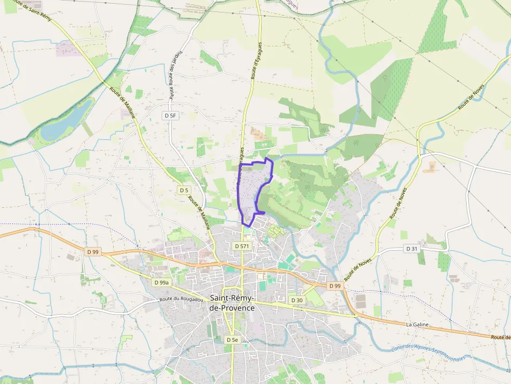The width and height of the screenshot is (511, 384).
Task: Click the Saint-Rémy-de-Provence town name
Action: pyautogui.click(x=232, y=303)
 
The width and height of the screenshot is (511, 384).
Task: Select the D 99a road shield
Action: pyautogui.click(x=162, y=282)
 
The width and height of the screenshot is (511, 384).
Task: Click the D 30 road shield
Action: pyautogui.click(x=297, y=300)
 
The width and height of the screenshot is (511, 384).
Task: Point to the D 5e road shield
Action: pyautogui.click(x=232, y=340)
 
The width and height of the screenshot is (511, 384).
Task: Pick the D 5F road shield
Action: pyautogui.click(x=170, y=116)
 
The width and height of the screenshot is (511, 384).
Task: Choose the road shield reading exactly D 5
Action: pyautogui.click(x=184, y=190)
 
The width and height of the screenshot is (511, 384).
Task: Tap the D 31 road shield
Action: pyautogui.click(x=412, y=249)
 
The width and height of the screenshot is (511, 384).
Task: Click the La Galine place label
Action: pyautogui.click(x=417, y=325)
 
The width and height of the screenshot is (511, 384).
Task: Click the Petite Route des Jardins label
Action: pyautogui.click(x=175, y=75)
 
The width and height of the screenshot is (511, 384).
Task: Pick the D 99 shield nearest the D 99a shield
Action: pyautogui.click(x=93, y=252)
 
